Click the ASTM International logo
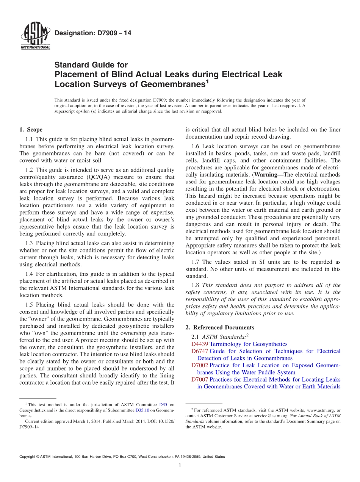[x=35, y=36]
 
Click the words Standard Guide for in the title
[x=91, y=65]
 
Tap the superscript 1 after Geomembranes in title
[x=207, y=81]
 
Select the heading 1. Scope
[x=31, y=130]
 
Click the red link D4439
[x=200, y=344]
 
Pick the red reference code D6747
[x=200, y=351]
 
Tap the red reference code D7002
[x=200, y=365]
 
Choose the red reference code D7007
[x=200, y=379]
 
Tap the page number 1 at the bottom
[x=180, y=465]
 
